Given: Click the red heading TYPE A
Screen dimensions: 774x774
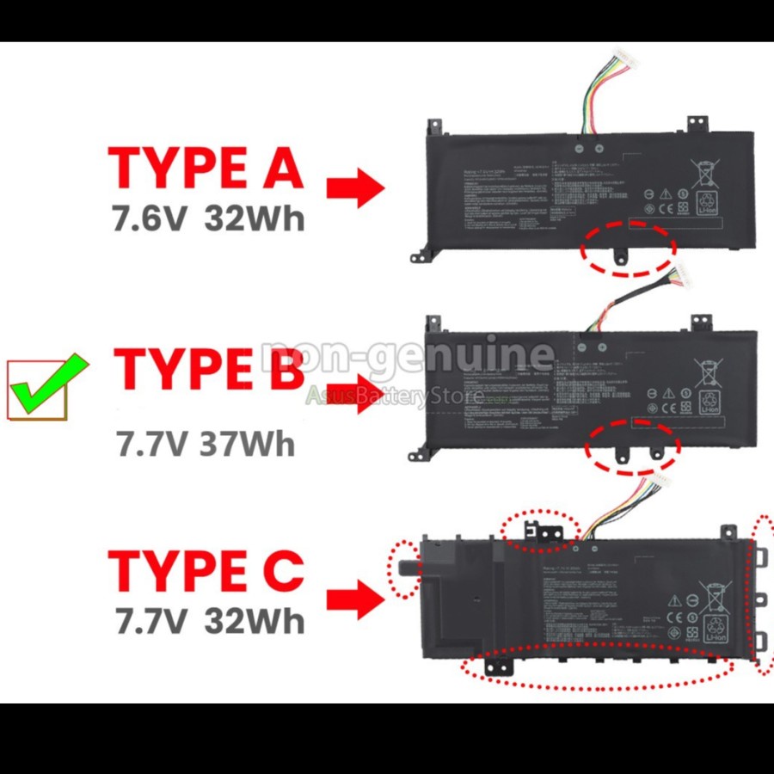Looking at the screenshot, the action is [x=206, y=167].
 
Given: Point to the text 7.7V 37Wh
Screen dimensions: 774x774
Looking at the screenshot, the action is [x=206, y=444].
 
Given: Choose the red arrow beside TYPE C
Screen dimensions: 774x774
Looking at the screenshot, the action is [x=356, y=599].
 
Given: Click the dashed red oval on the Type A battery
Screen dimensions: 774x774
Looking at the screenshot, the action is [x=626, y=249].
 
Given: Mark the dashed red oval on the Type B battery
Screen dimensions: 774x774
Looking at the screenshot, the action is [x=632, y=446].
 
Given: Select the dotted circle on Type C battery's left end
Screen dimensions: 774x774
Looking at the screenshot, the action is [x=404, y=568].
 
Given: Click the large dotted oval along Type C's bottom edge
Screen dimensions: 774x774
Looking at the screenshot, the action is [x=598, y=666].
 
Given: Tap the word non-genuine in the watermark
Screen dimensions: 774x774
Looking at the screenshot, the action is [x=408, y=354].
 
